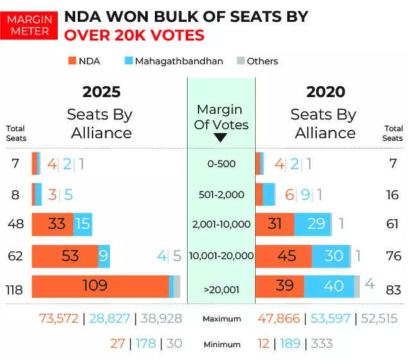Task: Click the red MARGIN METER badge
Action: pos(28,24)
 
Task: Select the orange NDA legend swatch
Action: pos(71,61)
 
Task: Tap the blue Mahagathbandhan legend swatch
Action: pos(129,61)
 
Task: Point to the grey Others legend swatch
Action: pos(240,61)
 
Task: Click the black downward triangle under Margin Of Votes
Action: pos(220,137)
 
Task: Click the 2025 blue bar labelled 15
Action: pos(82,224)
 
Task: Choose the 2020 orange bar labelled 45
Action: pos(283,256)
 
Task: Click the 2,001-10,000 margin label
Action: pos(220,224)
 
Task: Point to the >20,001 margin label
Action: pos(221,290)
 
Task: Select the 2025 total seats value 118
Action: pos(15,290)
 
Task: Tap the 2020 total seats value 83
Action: pos(393,290)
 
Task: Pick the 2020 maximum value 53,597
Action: pos(329,318)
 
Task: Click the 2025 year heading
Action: pos(101,92)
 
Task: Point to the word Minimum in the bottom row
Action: pos(221,345)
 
